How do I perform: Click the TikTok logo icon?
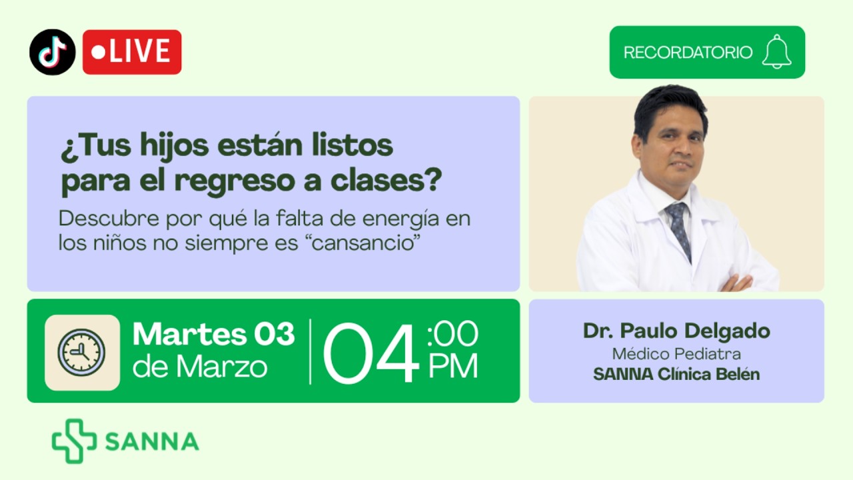click(52, 52)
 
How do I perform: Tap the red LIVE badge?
click(132, 52)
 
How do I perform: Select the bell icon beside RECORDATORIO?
click(776, 52)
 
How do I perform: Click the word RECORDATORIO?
click(688, 53)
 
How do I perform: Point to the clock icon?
click(82, 352)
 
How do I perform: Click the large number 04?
click(371, 354)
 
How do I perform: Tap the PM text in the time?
click(453, 367)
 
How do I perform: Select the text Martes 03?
click(213, 334)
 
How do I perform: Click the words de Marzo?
click(200, 367)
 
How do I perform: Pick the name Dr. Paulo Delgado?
click(676, 331)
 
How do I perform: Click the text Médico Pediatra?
click(676, 353)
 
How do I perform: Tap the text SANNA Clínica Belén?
click(676, 374)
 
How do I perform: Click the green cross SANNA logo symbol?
click(74, 441)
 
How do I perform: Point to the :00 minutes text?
click(453, 334)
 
